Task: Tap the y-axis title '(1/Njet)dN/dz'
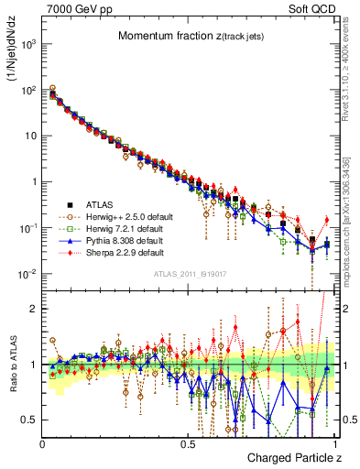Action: point(12,55)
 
